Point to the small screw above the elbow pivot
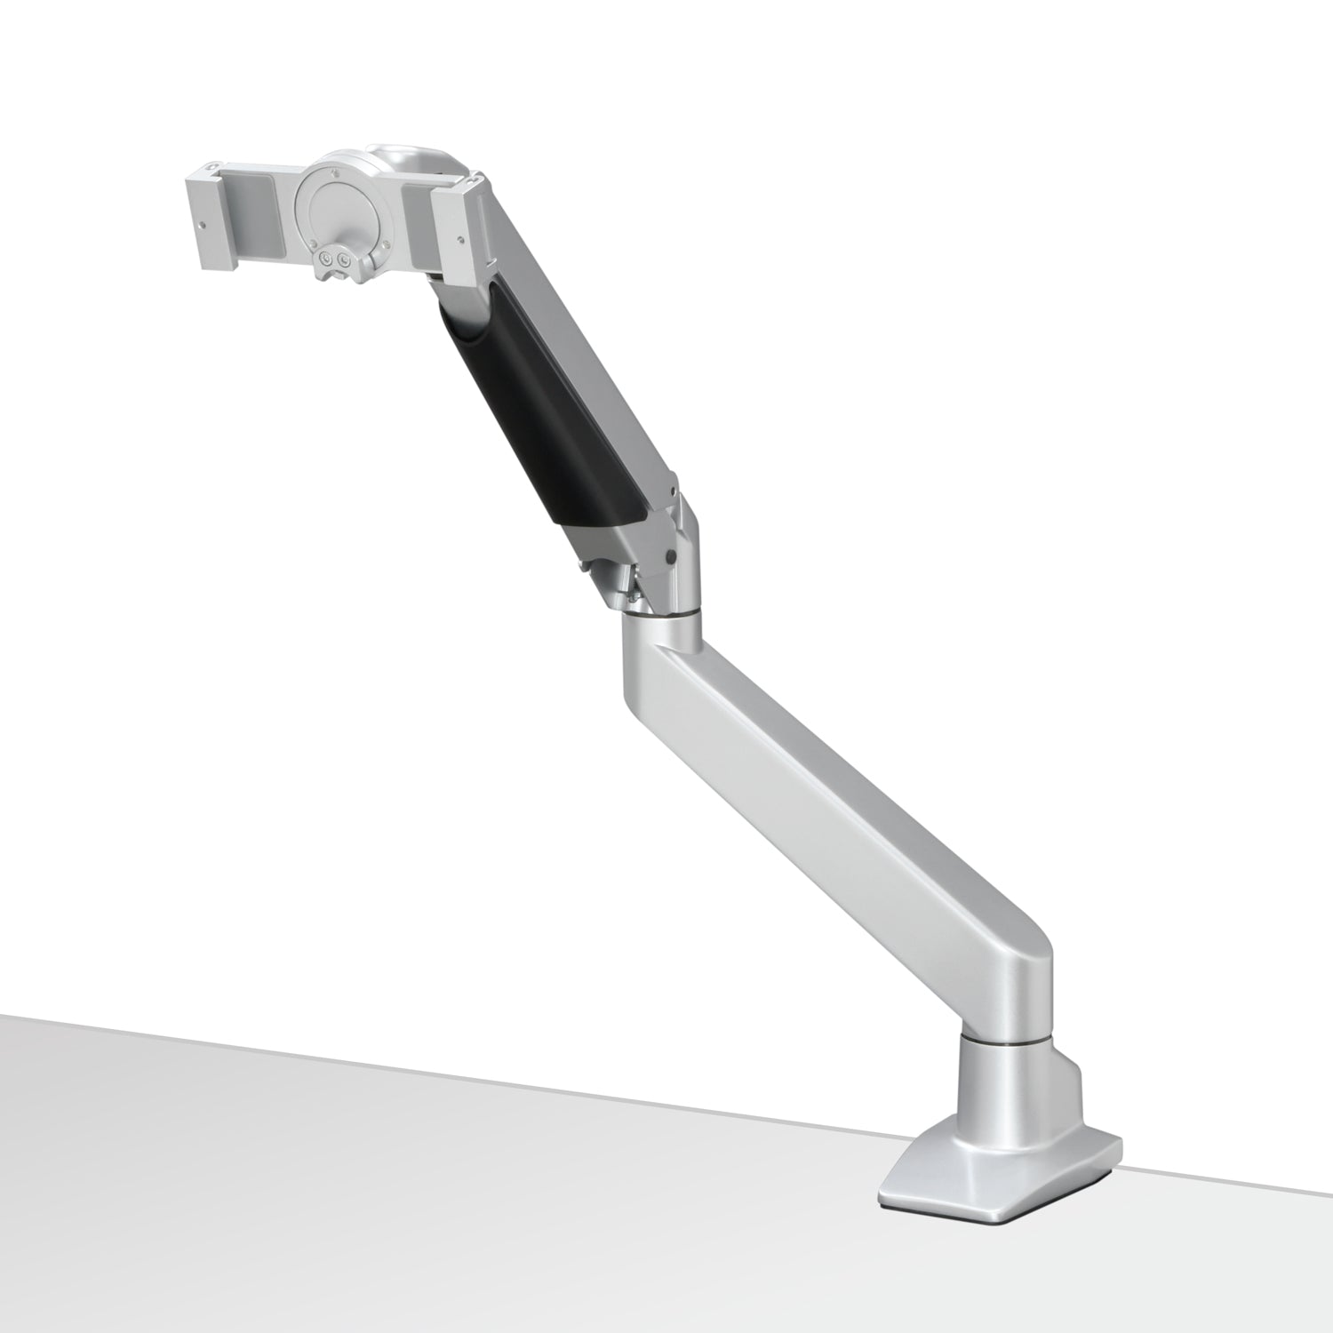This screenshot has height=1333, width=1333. [x=674, y=489]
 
